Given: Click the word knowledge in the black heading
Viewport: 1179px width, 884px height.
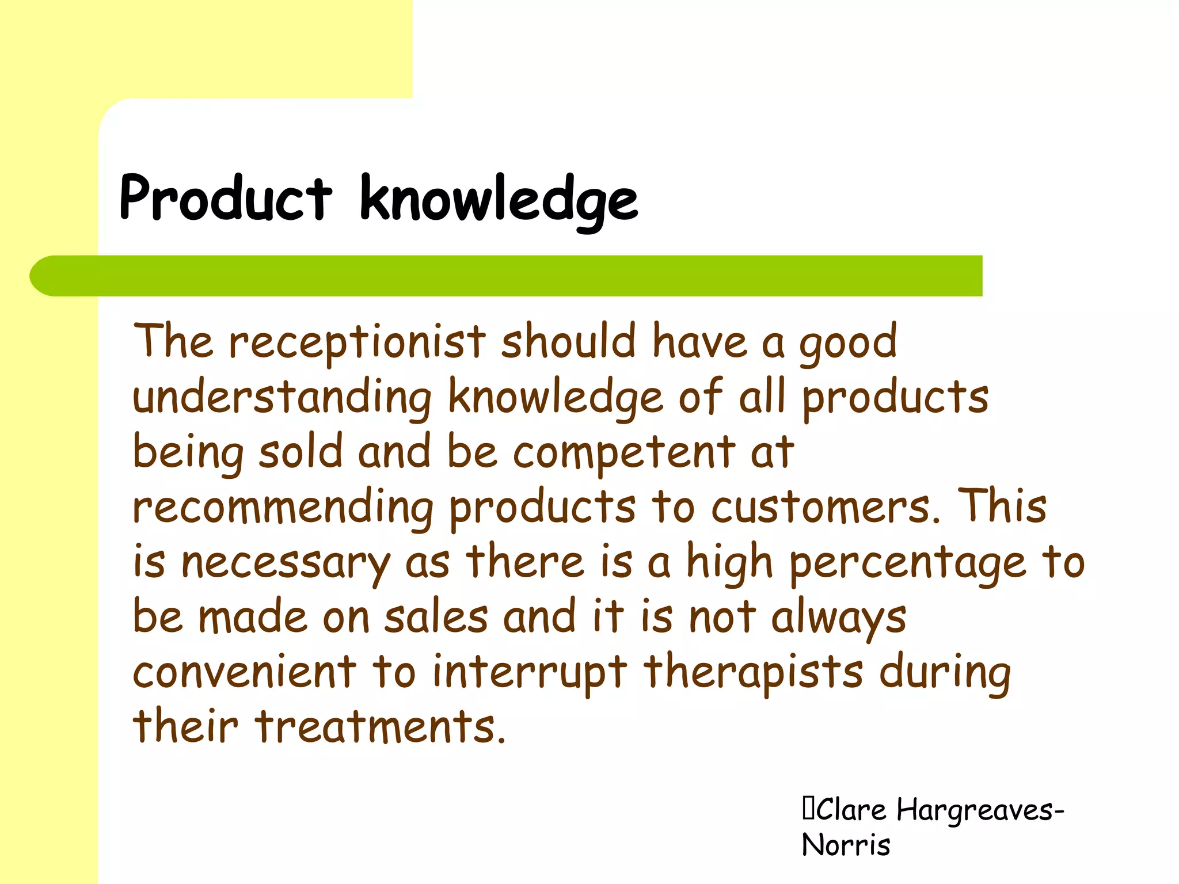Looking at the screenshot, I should point(499,200).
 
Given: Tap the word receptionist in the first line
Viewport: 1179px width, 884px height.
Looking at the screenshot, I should point(357,342).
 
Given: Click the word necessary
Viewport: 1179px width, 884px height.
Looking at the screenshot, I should point(286,563).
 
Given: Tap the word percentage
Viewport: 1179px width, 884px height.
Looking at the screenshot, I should point(907,563).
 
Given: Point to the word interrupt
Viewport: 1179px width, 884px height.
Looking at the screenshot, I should point(530,672).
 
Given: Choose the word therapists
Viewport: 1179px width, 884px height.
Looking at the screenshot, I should point(754,672).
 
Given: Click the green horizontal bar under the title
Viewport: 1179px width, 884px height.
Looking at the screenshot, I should point(507,276).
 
